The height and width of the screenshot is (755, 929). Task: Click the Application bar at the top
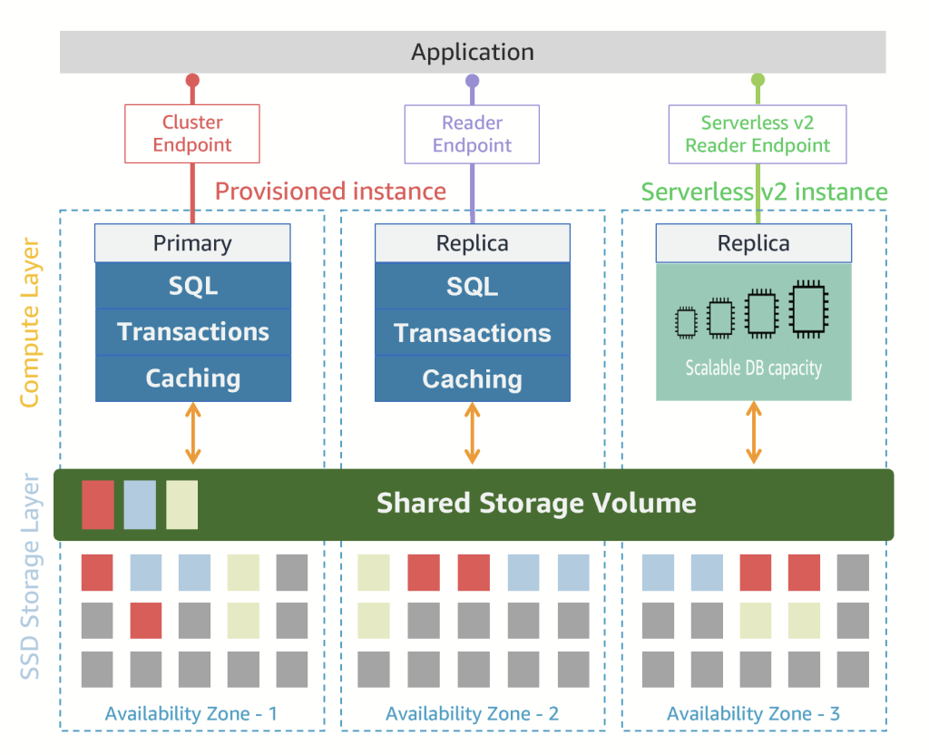(x=473, y=52)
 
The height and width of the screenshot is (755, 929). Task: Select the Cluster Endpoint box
(x=192, y=133)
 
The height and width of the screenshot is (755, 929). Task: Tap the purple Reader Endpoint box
(x=472, y=134)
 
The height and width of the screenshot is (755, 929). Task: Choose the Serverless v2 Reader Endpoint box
(x=758, y=134)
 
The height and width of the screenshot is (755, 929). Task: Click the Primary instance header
(x=192, y=243)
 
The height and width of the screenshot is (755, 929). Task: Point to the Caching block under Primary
(x=193, y=378)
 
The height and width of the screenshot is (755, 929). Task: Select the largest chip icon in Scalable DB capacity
(x=806, y=309)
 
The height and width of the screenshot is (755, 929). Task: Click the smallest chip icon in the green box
(x=686, y=321)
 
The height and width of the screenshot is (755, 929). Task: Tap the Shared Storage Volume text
(x=536, y=503)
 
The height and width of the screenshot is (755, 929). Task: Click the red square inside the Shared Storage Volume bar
(x=98, y=505)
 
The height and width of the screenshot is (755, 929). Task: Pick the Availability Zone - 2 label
(x=472, y=714)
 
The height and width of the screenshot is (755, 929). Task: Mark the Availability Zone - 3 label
(x=753, y=714)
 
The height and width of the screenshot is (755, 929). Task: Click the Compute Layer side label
(x=29, y=323)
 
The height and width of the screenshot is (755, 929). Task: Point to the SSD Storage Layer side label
(x=29, y=575)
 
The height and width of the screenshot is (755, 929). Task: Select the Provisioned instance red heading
(x=330, y=191)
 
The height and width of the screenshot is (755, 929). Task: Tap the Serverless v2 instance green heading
(x=764, y=191)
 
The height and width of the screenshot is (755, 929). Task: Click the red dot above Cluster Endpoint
(x=192, y=80)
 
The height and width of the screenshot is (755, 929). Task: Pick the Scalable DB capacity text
(x=753, y=368)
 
